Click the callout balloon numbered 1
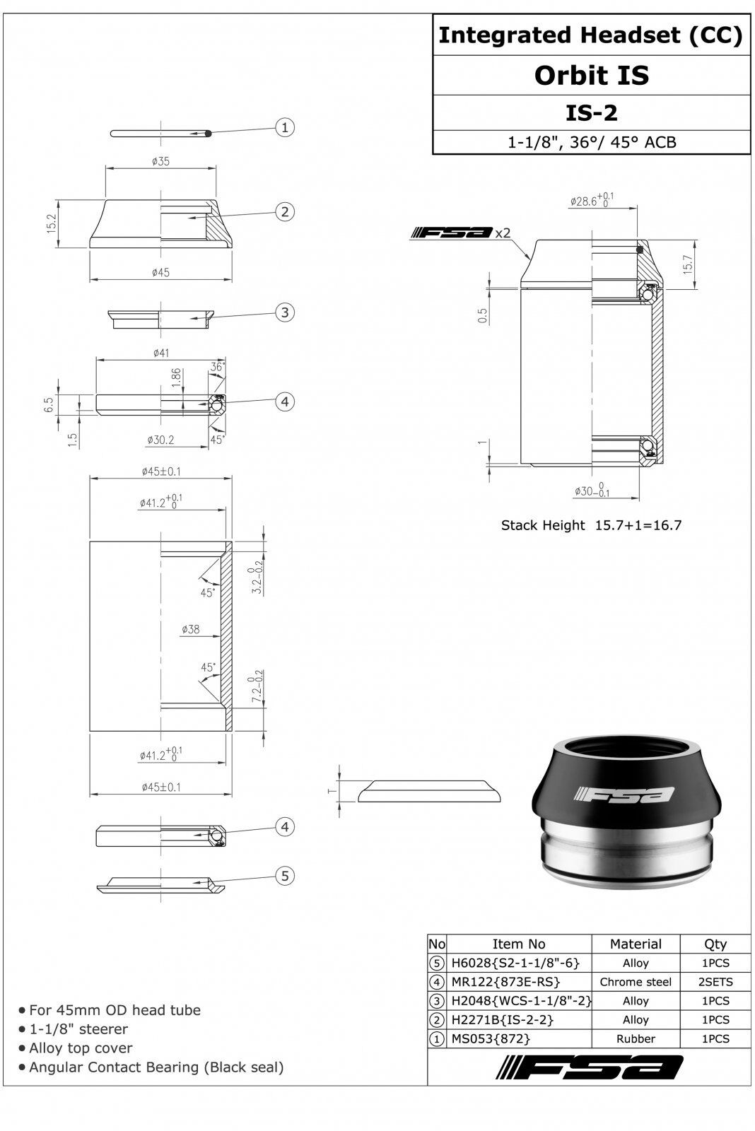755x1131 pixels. (285, 127)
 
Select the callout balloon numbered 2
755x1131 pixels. (285, 211)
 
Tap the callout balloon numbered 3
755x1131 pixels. (285, 312)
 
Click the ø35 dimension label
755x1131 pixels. (160, 161)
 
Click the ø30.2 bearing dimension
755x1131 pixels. (160, 440)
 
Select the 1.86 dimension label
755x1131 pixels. (176, 378)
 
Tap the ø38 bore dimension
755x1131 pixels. (190, 629)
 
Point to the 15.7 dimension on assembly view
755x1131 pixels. (687, 264)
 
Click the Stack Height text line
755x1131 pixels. (591, 525)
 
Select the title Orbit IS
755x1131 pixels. (592, 75)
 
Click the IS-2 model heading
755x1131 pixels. (592, 112)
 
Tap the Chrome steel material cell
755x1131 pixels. (636, 982)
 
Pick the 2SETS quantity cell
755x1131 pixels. (715, 982)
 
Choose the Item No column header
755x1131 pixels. (519, 944)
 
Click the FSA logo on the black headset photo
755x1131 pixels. (624, 795)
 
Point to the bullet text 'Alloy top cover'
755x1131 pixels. (81, 1048)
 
